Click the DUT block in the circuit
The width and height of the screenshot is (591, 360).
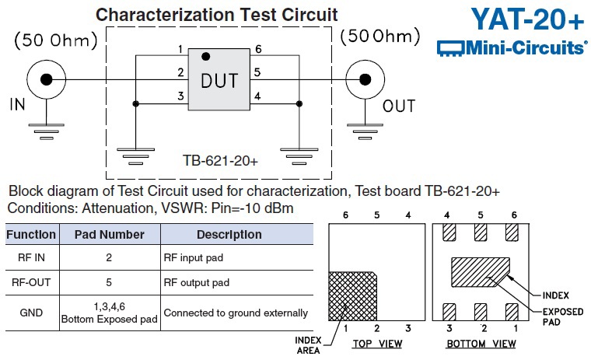219,80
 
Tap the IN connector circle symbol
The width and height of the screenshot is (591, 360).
47,79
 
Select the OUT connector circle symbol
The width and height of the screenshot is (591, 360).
362,79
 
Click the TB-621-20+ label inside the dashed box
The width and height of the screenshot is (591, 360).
220,160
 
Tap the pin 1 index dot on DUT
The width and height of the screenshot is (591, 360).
205,57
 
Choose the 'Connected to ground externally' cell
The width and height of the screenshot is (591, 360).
236,313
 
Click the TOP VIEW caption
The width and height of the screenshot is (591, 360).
376,343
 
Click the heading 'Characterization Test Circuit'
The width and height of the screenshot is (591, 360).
216,14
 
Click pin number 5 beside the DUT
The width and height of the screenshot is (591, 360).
257,73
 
